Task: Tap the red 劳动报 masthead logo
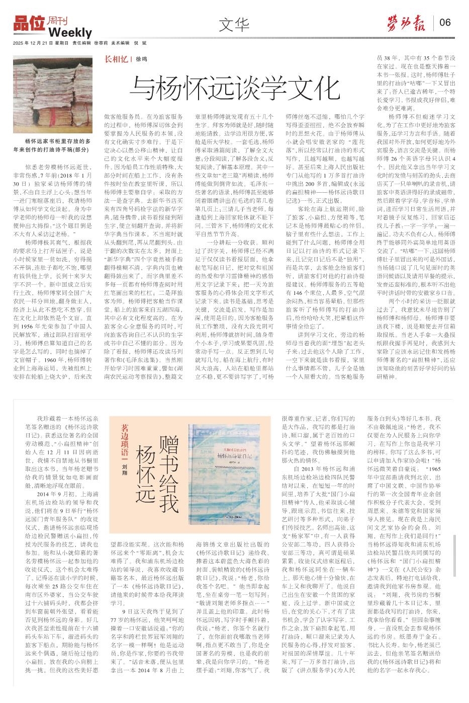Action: (x=406, y=22)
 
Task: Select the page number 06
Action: (x=445, y=22)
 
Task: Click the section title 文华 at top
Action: (x=234, y=23)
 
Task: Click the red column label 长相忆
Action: (x=115, y=58)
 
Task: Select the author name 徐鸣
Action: (x=141, y=59)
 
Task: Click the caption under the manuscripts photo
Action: (x=52, y=145)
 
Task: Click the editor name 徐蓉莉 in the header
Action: (x=102, y=43)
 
